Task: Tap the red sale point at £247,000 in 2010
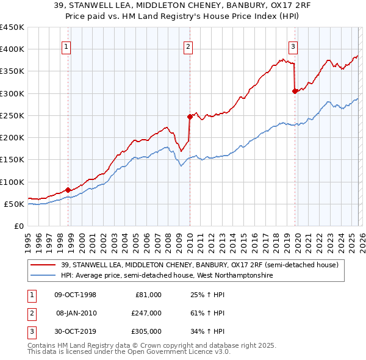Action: [x=190, y=117]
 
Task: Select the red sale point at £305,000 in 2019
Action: [x=295, y=91]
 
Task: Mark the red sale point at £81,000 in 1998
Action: [x=68, y=190]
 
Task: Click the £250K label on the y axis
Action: [x=12, y=115]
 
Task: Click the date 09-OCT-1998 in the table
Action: [x=75, y=295]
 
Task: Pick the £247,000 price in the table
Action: [x=147, y=313]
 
